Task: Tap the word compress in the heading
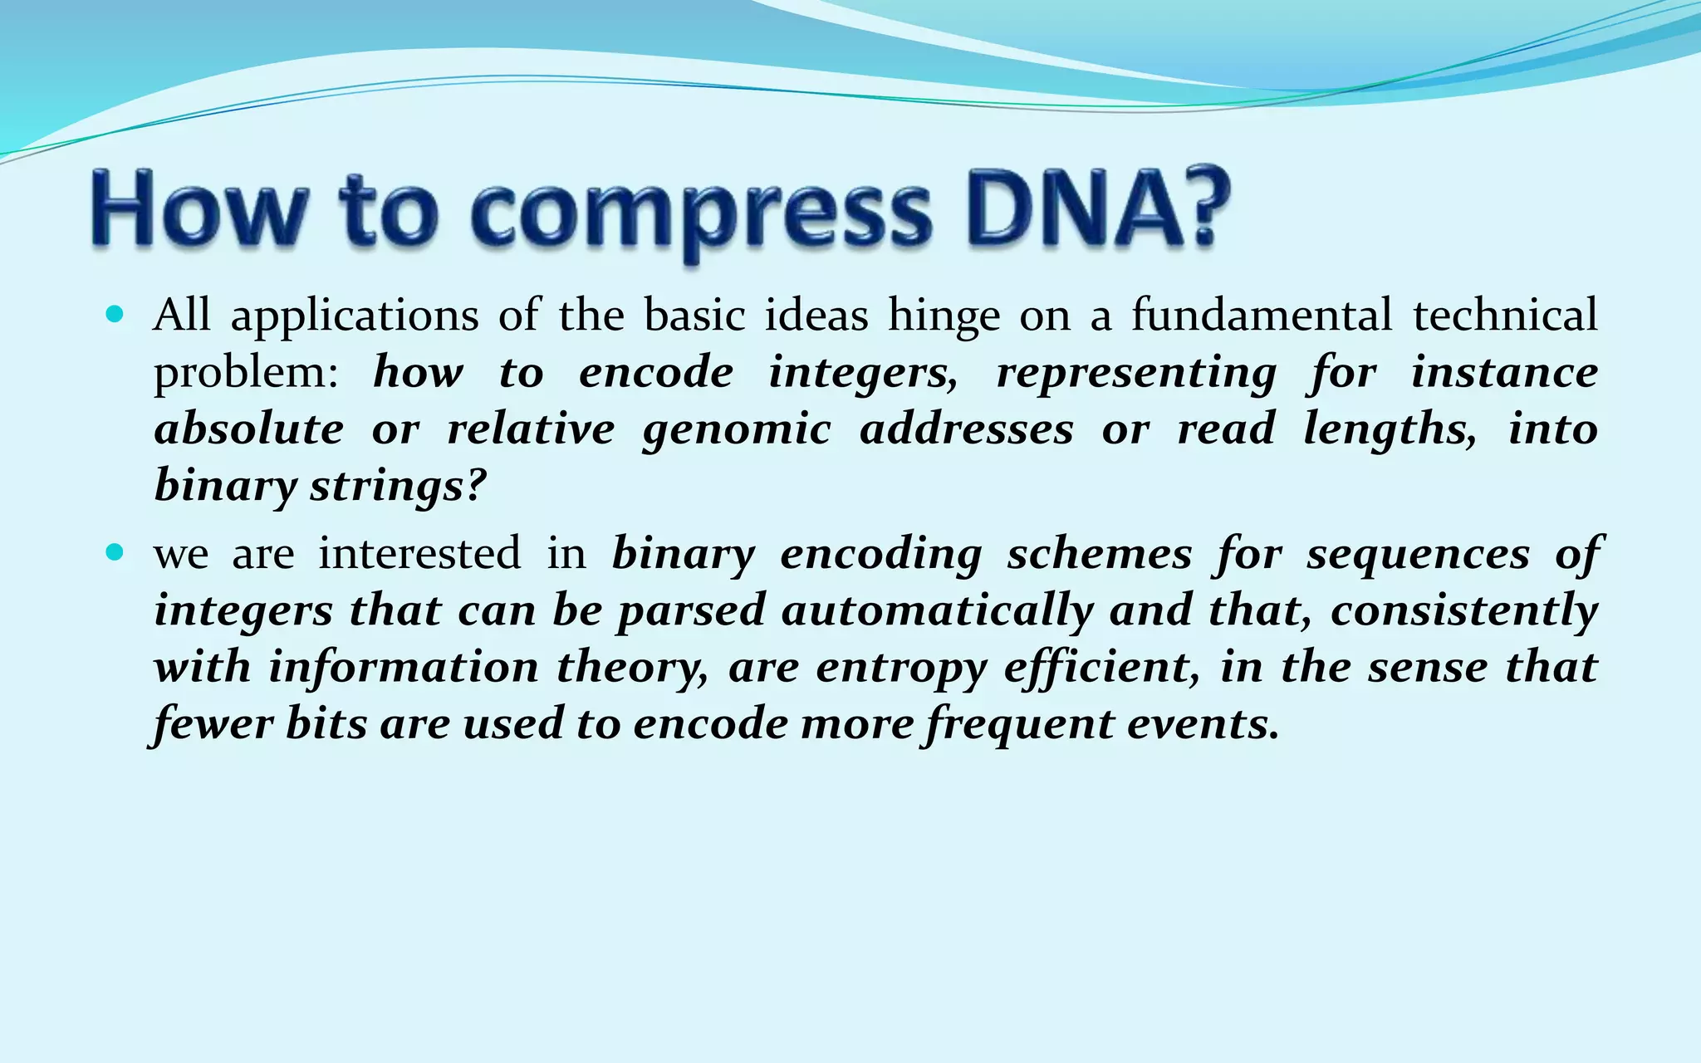point(699,212)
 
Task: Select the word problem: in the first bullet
point(246,373)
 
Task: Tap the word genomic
point(737,430)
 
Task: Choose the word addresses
point(966,429)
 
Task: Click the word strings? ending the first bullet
point(397,487)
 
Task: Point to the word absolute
point(248,429)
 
